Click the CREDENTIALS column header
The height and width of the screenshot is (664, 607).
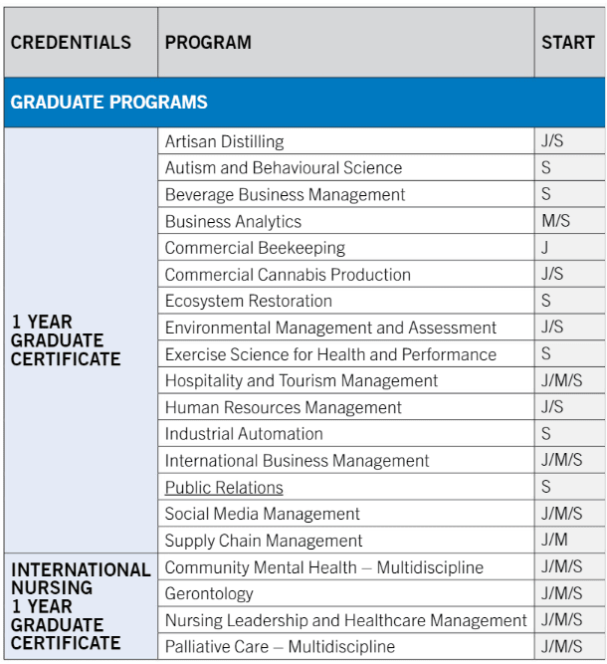(x=71, y=43)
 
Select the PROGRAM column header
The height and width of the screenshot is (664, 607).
(x=208, y=43)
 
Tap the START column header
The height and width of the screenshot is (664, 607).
(x=568, y=43)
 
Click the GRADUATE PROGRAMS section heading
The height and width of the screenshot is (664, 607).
(x=109, y=103)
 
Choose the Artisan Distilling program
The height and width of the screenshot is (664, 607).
(x=224, y=141)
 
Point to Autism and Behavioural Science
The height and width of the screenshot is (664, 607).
(x=284, y=168)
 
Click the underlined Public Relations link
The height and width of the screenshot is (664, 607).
(x=224, y=488)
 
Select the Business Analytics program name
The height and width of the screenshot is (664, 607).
(x=233, y=221)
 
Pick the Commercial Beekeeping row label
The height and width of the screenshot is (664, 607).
(x=255, y=248)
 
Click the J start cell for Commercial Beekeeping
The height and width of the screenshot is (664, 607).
(x=545, y=248)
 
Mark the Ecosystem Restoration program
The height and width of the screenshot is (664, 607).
(x=249, y=301)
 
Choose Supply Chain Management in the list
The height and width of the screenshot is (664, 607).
(x=264, y=541)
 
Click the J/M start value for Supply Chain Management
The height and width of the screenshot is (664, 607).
(x=555, y=541)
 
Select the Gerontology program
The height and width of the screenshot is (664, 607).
(x=209, y=594)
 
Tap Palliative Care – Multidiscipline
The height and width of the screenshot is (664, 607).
(x=280, y=647)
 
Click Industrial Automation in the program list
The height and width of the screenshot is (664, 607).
(x=244, y=434)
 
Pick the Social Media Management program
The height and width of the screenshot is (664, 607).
(x=263, y=514)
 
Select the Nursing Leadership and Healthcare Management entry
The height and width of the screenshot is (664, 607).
(x=346, y=620)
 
